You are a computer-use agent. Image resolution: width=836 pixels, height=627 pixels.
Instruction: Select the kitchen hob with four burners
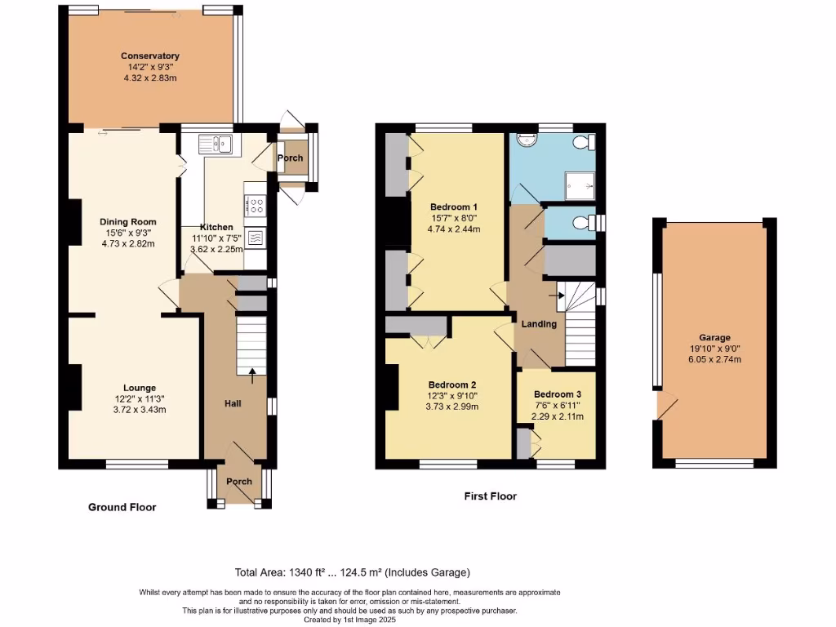pos(254,204)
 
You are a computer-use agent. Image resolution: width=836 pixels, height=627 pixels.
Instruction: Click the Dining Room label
pos(127,222)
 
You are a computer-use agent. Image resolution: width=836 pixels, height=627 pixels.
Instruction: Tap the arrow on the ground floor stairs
pos(251,375)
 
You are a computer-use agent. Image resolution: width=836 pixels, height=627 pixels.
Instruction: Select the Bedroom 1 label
pos(454,207)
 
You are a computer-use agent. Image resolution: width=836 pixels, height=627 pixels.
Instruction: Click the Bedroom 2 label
pos(452,385)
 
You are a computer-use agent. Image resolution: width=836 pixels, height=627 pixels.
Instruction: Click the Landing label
pos(540,324)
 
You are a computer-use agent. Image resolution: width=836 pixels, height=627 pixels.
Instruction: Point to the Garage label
pos(714,338)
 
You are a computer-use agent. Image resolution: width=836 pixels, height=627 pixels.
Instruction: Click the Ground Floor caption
pos(122,507)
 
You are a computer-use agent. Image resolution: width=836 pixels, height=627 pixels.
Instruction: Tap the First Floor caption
pos(490,496)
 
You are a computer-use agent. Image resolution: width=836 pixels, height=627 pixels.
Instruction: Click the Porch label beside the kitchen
pos(290,158)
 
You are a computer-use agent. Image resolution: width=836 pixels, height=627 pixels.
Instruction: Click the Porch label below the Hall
pos(239,482)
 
